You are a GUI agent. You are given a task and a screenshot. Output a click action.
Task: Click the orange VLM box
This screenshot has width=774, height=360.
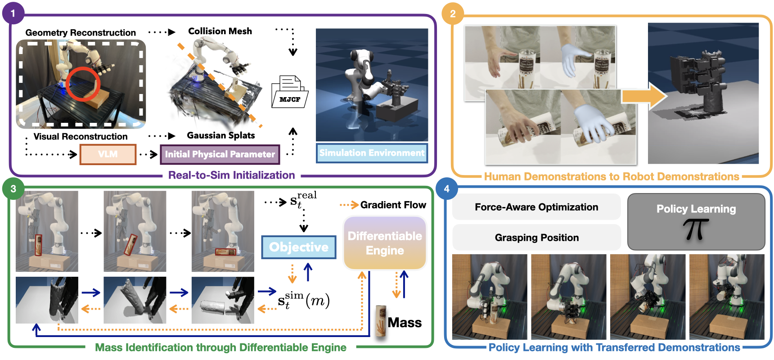coord(108,154)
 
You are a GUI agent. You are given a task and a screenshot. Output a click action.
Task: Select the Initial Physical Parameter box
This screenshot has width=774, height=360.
coord(220,154)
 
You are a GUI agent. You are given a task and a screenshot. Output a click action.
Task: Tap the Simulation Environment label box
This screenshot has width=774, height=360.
coord(372,153)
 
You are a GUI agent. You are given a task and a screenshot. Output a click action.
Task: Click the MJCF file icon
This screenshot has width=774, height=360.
coord(289,92)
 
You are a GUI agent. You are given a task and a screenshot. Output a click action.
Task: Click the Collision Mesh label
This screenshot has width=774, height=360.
coord(220,31)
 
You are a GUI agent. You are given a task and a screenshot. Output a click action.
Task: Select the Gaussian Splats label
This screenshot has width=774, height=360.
coord(220,135)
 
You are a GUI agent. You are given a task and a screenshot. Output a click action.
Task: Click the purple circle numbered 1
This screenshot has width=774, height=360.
coord(13,13)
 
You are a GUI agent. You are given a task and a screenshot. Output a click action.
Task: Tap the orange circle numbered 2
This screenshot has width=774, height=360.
coord(453,13)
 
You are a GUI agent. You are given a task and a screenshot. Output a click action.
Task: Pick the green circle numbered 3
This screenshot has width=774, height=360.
coord(13,189)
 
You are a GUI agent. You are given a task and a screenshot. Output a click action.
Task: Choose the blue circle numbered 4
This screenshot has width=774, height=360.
coord(446,189)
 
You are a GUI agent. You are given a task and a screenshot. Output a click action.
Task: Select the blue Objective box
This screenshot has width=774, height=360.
coord(299,247)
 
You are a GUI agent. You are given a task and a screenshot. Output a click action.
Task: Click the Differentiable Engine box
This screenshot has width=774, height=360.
coord(385,243)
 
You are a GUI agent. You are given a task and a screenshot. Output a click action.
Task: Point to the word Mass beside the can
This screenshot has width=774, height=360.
coord(405,323)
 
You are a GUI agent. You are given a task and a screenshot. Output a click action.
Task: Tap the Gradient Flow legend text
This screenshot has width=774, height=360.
coord(393,205)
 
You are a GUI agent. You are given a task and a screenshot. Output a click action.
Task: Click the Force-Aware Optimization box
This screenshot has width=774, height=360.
coord(536,207)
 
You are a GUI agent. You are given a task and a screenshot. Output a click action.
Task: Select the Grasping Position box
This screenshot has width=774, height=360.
coord(536,238)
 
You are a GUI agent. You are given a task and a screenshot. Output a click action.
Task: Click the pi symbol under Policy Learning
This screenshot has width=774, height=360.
coord(695,229)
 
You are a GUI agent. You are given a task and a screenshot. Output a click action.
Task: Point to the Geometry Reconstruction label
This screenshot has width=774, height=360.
coord(81,33)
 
